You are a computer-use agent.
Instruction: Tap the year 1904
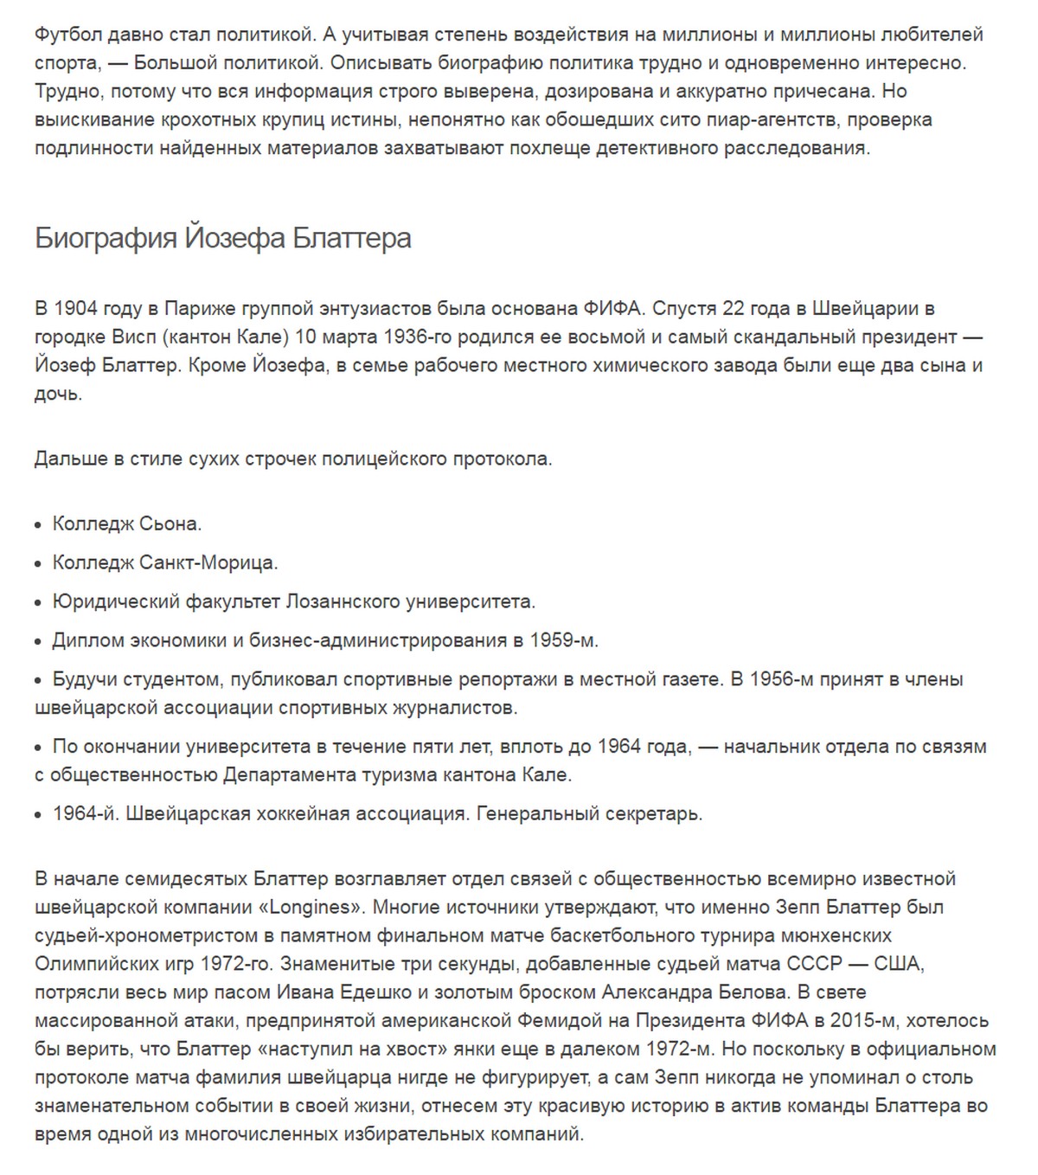tap(75, 309)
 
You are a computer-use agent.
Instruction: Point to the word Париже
tap(195, 309)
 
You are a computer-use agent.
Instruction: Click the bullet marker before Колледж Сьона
tap(38, 525)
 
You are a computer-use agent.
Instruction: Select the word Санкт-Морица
tap(208, 563)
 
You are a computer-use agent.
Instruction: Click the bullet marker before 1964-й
tap(38, 815)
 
